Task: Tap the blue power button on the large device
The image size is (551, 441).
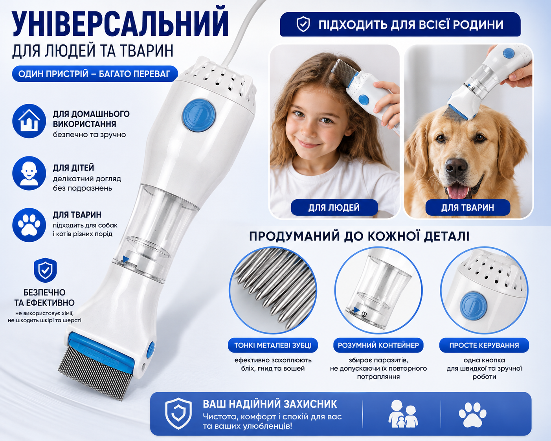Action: tap(198, 116)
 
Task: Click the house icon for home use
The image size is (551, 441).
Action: tap(29, 121)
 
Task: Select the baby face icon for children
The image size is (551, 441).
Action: tap(29, 173)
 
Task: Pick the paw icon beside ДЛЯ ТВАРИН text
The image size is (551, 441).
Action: tap(29, 225)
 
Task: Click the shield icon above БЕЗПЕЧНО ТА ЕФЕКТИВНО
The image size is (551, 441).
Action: tap(45, 270)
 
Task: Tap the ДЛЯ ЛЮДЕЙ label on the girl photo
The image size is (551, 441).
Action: tap(334, 208)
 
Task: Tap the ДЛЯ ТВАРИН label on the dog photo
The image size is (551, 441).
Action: tap(468, 208)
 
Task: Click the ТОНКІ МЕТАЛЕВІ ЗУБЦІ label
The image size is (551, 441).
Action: tap(273, 345)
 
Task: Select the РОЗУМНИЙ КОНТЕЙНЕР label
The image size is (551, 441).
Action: tap(378, 345)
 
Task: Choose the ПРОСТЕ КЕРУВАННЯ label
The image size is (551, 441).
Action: tap(484, 345)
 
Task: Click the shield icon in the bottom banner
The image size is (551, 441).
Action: tap(178, 413)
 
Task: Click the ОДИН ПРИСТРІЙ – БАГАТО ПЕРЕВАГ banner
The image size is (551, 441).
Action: tap(95, 74)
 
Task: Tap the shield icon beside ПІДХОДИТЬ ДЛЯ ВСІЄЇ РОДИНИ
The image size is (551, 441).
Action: tap(303, 24)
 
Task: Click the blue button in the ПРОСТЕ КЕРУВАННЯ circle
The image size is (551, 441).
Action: tap(473, 307)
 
